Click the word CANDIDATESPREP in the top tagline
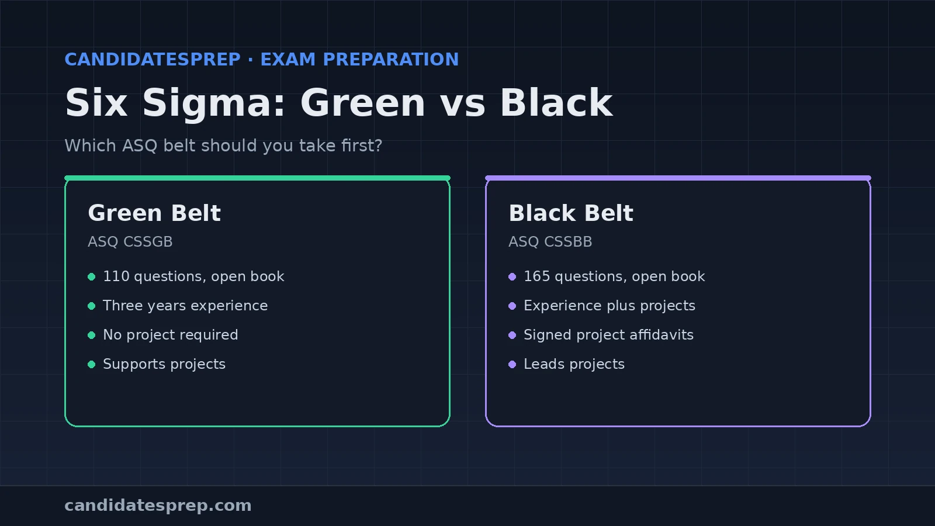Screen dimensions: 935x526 (153, 59)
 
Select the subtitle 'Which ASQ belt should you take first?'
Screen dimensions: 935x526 (223, 146)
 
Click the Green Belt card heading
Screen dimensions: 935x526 (154, 213)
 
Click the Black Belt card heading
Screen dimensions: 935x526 (570, 213)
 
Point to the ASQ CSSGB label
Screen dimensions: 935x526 (130, 242)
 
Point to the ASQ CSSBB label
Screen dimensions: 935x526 (550, 242)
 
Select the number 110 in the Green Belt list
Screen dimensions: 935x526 (116, 276)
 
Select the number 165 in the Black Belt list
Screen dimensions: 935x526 (537, 276)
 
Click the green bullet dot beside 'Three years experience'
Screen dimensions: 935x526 (91, 306)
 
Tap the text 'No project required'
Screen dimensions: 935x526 (170, 335)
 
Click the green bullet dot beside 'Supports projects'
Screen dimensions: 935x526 (91, 365)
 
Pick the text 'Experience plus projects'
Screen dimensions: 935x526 (610, 306)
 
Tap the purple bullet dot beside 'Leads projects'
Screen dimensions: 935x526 (512, 365)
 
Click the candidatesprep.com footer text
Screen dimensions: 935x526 (158, 506)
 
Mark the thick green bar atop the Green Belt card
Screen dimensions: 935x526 (257, 178)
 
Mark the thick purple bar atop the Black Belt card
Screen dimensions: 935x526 (678, 178)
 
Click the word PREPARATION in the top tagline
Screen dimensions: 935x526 (391, 59)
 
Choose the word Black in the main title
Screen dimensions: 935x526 (556, 103)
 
